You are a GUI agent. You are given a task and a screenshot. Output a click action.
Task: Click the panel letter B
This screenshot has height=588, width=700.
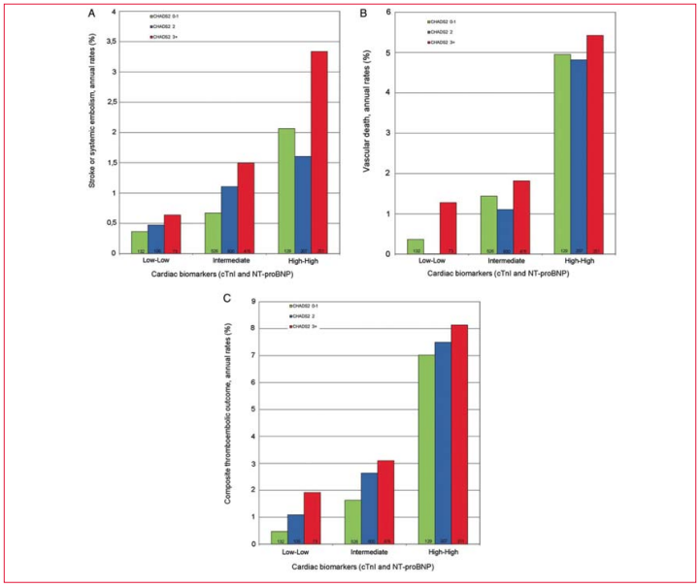tap(363, 14)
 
